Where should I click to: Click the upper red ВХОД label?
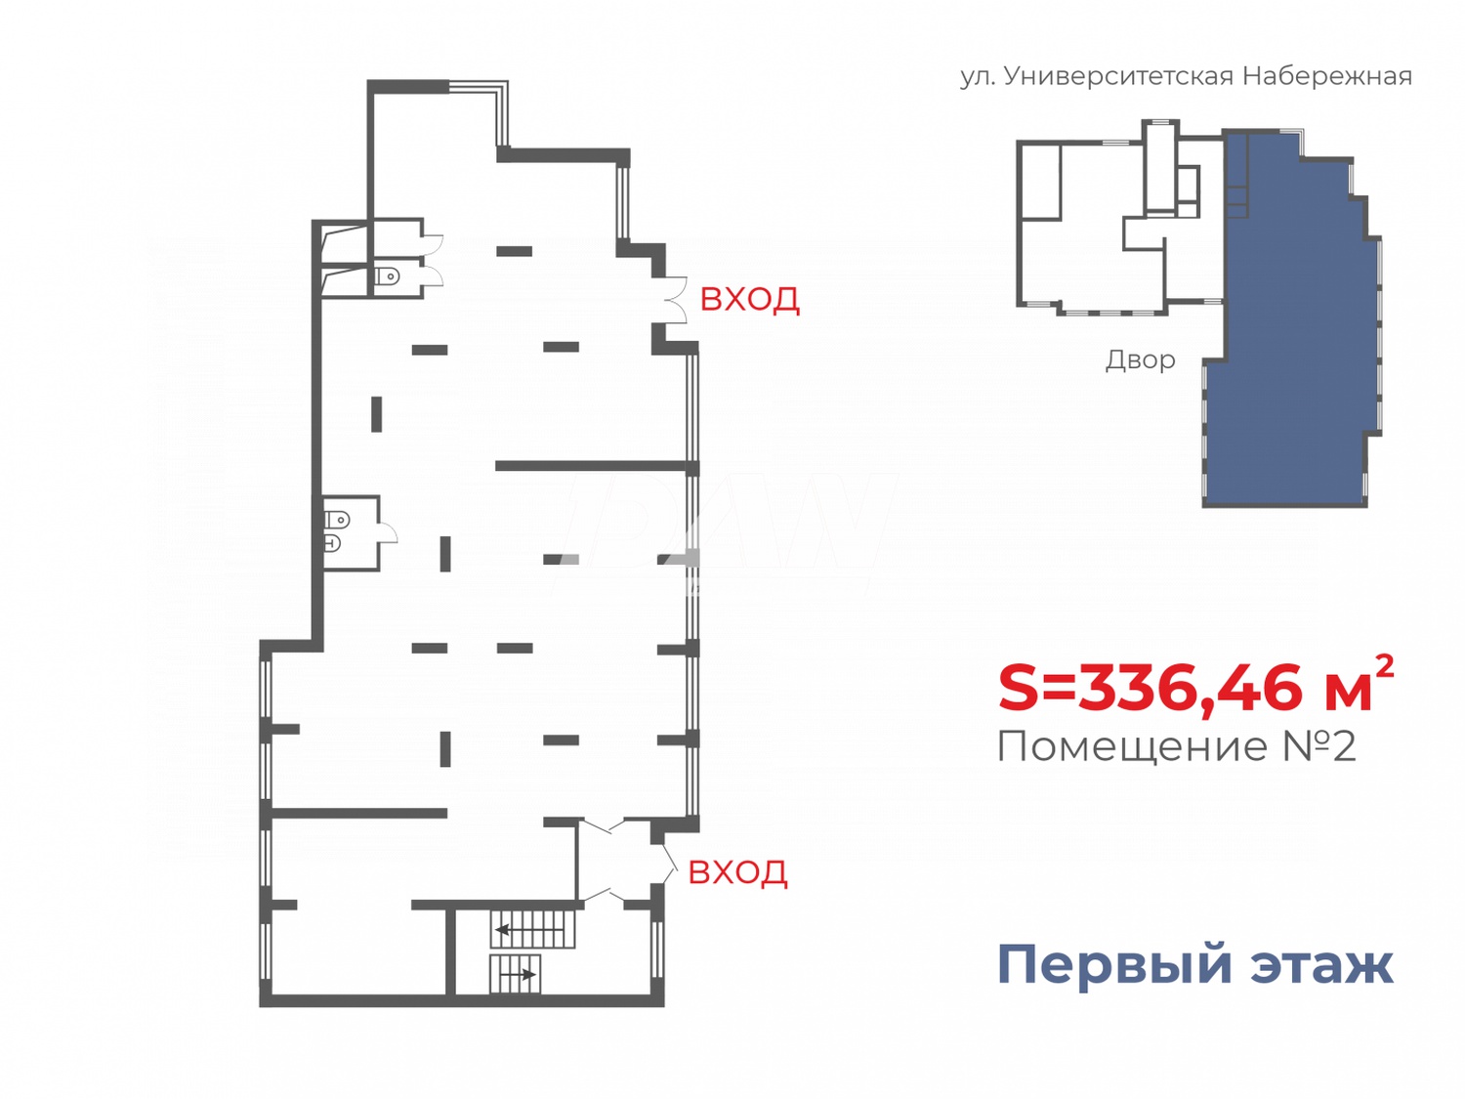pos(749,299)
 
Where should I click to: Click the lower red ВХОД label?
pos(737,871)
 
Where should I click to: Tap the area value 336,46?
pos(1192,688)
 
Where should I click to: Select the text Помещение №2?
pos(1177,747)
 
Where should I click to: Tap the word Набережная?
pos(1327,76)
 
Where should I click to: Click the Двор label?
pos(1140,360)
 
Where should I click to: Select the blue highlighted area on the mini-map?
pos(1289,342)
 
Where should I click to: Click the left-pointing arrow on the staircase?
pos(503,929)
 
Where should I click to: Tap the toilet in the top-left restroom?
pos(387,276)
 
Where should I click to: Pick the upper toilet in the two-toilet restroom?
pos(337,520)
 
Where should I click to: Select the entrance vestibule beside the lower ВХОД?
pos(615,861)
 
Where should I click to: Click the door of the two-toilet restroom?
pos(388,531)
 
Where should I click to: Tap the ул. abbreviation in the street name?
pos(977,76)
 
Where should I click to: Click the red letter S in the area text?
pos(1020,688)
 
